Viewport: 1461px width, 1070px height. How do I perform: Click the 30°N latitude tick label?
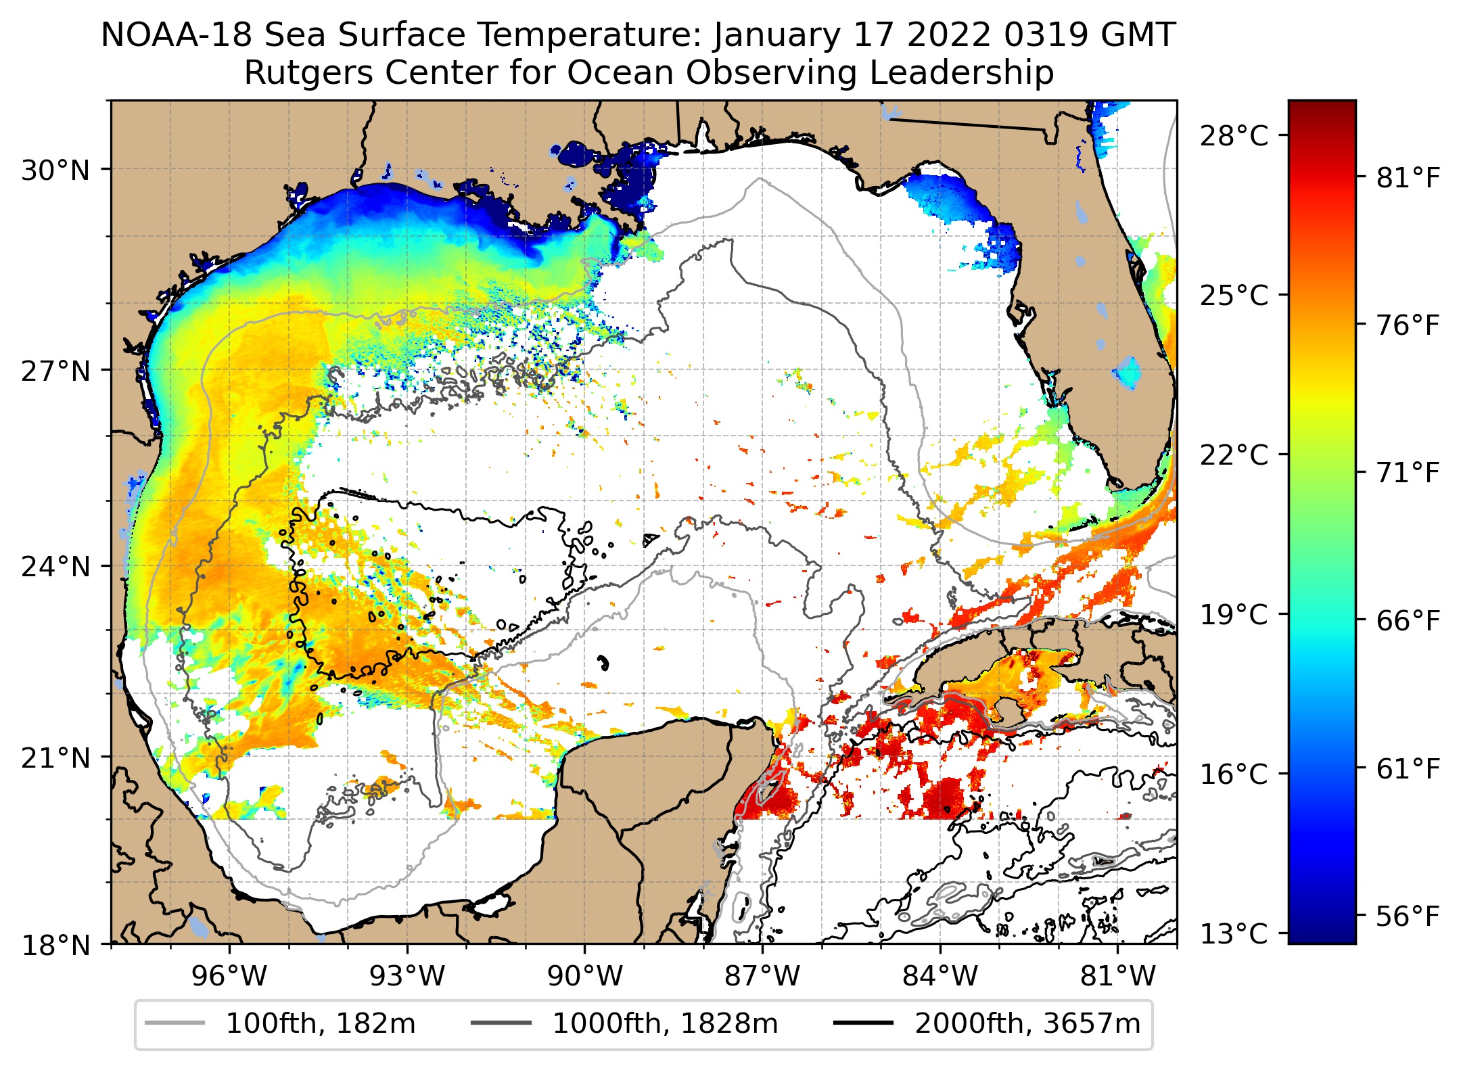click(x=55, y=170)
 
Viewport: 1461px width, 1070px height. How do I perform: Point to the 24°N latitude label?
click(x=55, y=566)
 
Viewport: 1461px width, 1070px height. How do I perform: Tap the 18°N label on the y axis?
click(x=55, y=944)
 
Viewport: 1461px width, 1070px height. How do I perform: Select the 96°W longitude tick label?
click(x=229, y=976)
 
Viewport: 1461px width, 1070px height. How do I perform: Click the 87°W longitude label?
click(x=762, y=976)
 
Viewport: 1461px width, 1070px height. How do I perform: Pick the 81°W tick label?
click(x=1117, y=976)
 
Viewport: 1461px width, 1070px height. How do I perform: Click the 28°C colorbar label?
click(x=1234, y=136)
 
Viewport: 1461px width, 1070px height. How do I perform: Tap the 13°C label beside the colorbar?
click(x=1234, y=933)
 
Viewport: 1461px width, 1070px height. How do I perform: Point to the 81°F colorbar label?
click(x=1408, y=179)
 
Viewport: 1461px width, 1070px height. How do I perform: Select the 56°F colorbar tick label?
click(x=1408, y=916)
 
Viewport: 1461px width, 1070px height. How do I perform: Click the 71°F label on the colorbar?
click(x=1408, y=473)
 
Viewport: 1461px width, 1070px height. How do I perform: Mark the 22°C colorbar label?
click(x=1234, y=455)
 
